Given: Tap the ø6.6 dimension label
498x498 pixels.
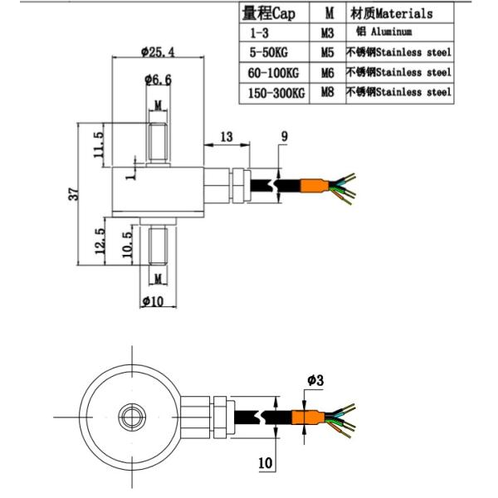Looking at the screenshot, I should click(x=157, y=80).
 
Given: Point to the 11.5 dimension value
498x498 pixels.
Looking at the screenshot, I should click(x=99, y=146).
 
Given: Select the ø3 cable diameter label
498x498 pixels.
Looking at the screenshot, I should click(x=315, y=380).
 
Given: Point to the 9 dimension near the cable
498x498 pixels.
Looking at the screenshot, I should click(x=285, y=135).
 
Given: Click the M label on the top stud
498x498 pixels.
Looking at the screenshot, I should click(x=157, y=106).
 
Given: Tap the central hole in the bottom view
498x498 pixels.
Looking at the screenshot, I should click(x=132, y=413).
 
